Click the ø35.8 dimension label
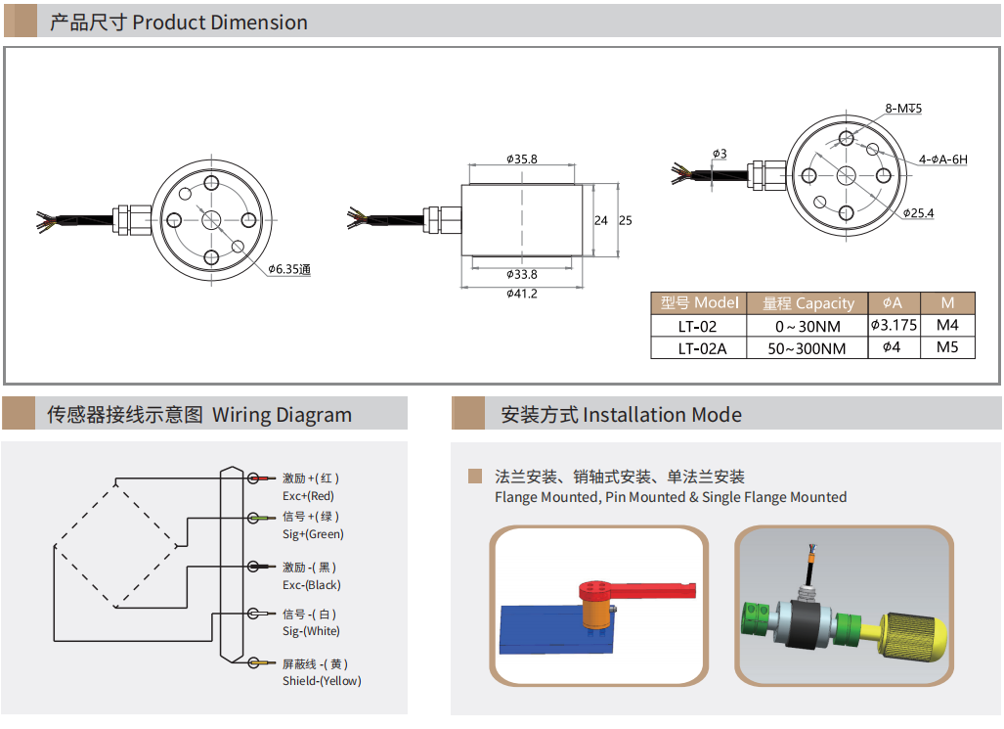522,159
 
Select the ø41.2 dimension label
522,294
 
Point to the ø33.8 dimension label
522,274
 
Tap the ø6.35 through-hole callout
289,269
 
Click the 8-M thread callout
903,109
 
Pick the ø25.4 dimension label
918,213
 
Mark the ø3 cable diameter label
720,154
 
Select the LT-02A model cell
702,348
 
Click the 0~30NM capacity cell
808,327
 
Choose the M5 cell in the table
947,347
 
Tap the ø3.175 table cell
894,325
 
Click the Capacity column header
808,303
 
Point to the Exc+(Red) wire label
308,496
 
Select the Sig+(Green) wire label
313,534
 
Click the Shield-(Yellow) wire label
322,681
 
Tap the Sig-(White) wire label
311,631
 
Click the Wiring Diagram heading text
282,416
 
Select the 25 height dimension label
626,220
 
